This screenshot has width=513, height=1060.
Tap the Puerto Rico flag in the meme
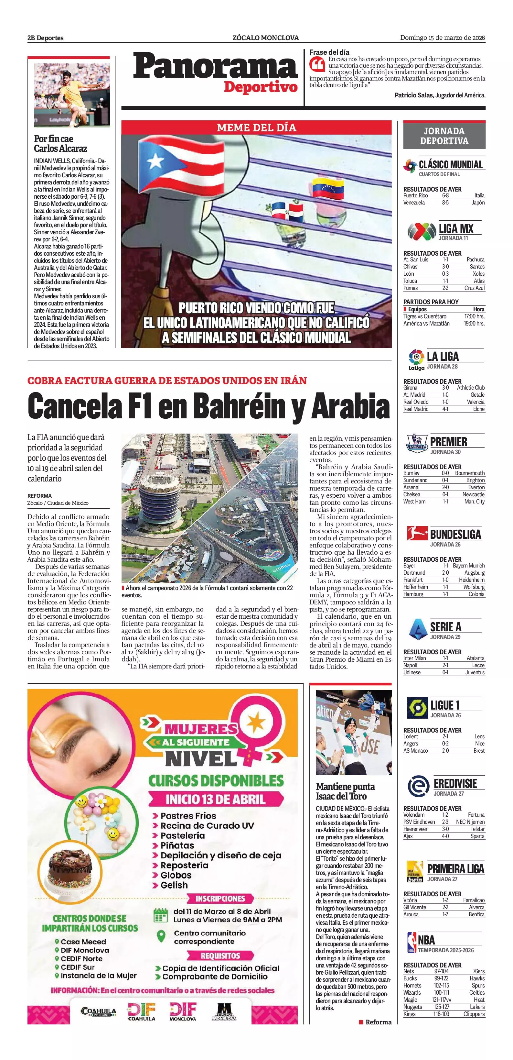181,162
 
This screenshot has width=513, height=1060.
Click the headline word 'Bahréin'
239,406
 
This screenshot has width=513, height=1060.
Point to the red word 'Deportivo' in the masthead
261,87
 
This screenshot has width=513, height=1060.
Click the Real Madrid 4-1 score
445,409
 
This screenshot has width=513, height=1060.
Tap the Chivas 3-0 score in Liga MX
445,267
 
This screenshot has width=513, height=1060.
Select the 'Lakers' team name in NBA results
477,1007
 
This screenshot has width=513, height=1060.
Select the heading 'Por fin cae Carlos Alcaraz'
60,144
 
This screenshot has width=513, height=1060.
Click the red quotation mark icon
317,64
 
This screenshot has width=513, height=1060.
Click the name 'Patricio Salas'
413,95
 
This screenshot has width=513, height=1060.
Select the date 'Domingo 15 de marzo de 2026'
442,38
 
